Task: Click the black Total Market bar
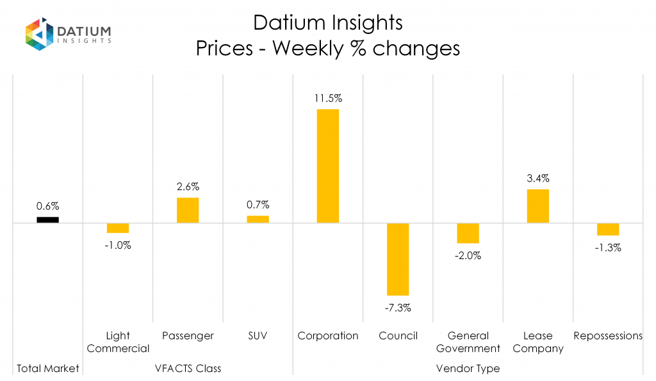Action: [x=47, y=219]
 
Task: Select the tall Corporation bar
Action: [x=328, y=166]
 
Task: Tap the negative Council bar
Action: [x=398, y=259]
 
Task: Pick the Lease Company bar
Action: [x=538, y=206]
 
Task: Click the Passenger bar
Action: [x=188, y=210]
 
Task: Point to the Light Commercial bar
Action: [x=118, y=228]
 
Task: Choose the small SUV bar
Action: [x=258, y=219]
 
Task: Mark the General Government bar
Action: [x=468, y=233]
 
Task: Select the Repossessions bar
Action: [x=608, y=230]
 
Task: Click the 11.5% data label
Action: [x=328, y=99]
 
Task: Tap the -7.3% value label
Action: [x=398, y=307]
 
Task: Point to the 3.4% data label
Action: [x=538, y=178]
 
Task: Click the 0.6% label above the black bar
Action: [x=47, y=206]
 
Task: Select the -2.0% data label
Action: [x=468, y=255]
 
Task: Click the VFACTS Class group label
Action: [x=188, y=368]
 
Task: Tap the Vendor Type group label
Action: [x=468, y=368]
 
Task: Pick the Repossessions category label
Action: [x=608, y=335]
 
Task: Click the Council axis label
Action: [x=398, y=335]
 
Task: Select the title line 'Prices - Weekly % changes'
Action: [x=328, y=49]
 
